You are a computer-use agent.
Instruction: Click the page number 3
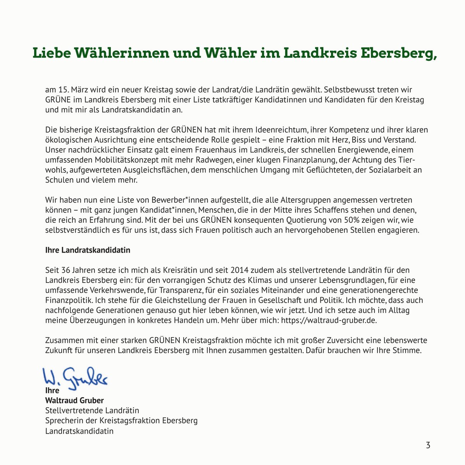pos(428,445)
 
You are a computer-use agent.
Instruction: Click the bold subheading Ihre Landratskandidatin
pos(88,250)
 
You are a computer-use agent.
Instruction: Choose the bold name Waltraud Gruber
pos(74,400)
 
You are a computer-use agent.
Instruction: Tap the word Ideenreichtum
pos(281,130)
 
